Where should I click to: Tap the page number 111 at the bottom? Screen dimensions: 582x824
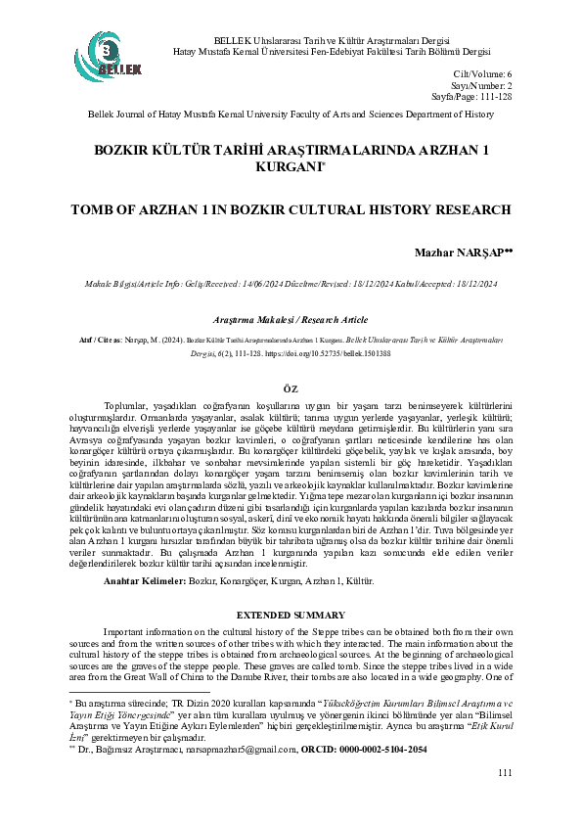click(505, 801)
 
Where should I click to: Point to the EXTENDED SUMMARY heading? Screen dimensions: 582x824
click(291, 614)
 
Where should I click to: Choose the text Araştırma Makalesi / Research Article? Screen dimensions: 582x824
click(290, 320)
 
